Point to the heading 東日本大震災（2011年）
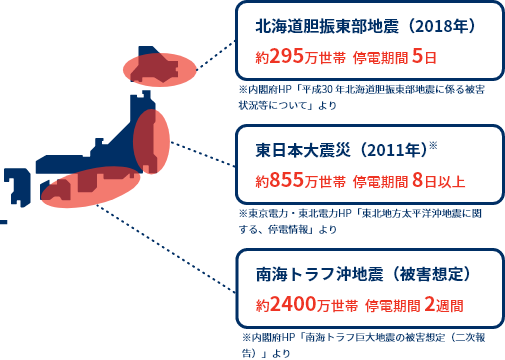(x=339, y=152)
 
